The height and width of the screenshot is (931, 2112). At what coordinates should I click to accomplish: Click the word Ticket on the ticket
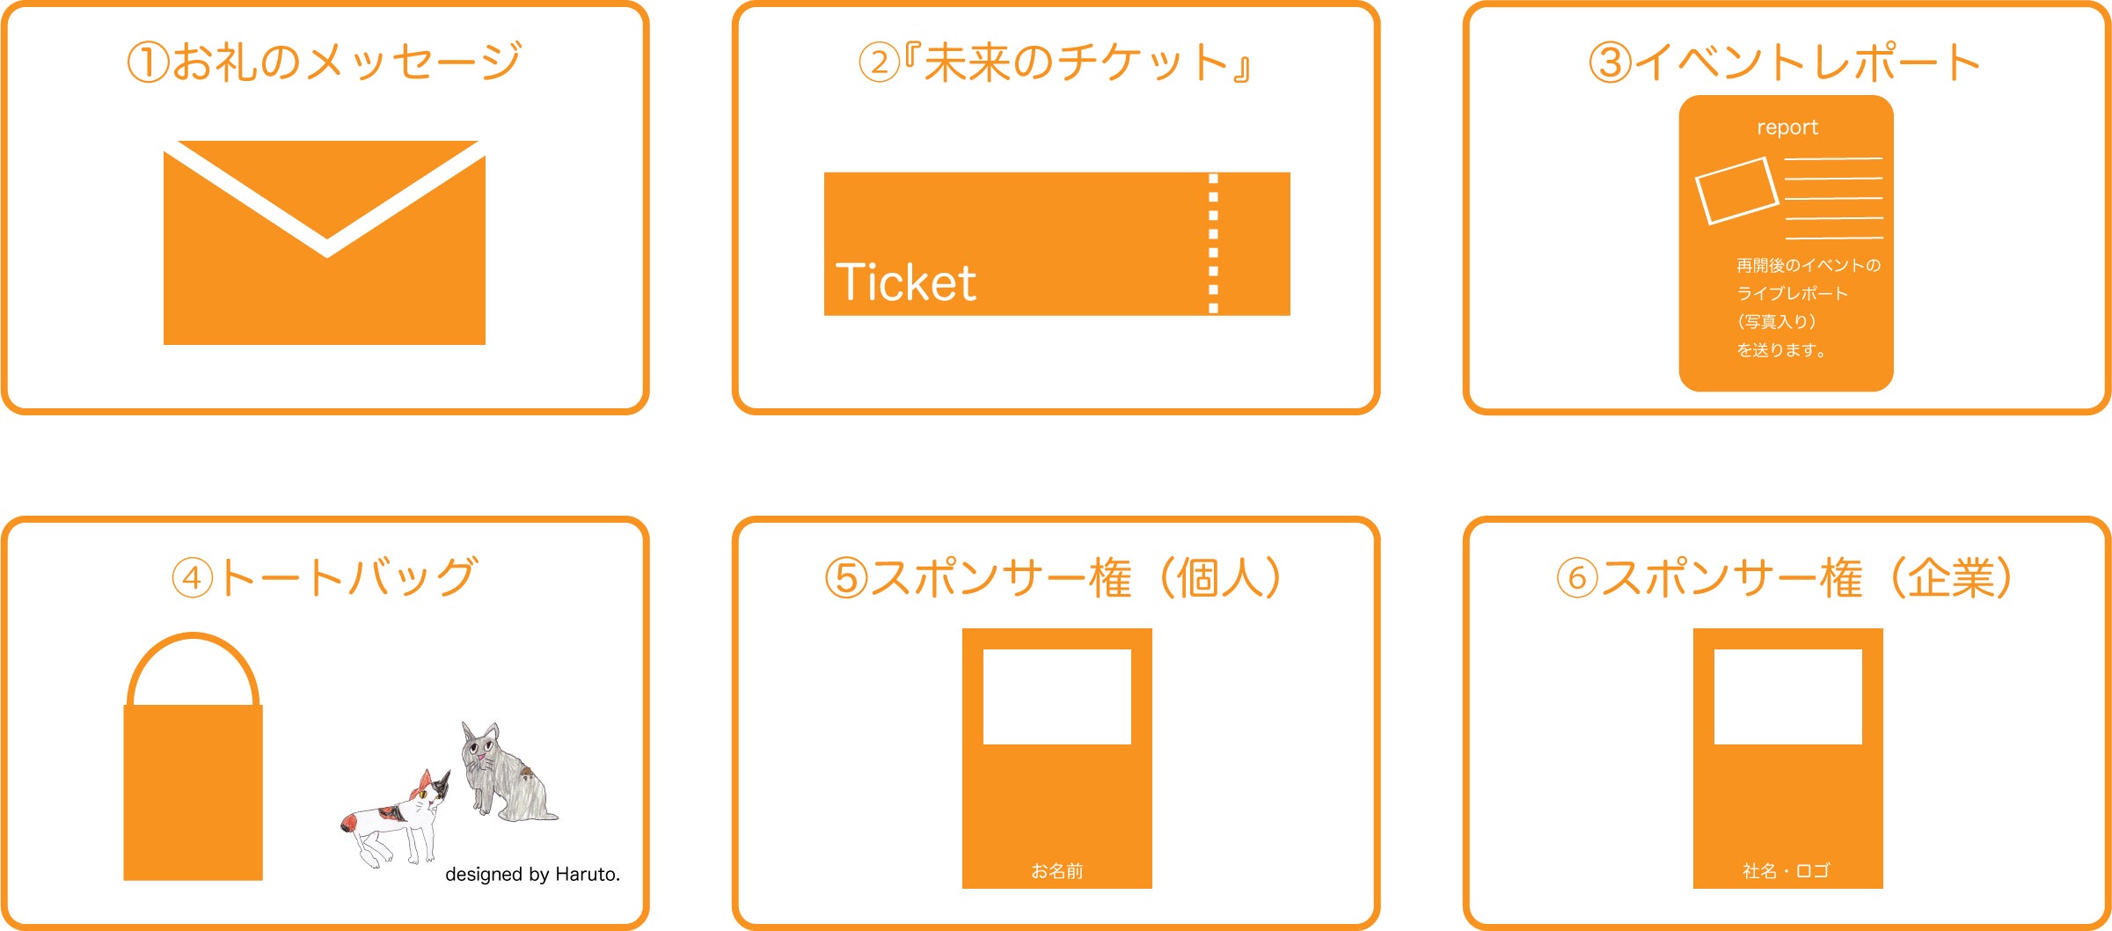pyautogui.click(x=905, y=282)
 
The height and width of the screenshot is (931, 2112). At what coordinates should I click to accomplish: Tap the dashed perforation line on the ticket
pyautogui.click(x=1214, y=244)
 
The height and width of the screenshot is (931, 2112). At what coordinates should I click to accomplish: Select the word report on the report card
pyautogui.click(x=1787, y=128)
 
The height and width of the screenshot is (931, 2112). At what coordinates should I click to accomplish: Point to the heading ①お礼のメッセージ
pyautogui.click(x=324, y=62)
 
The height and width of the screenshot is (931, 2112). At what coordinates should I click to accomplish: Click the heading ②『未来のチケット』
pyautogui.click(x=1055, y=62)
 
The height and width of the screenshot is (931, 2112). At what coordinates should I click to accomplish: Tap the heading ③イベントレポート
pyautogui.click(x=1785, y=62)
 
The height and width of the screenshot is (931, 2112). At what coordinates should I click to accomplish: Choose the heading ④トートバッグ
pyautogui.click(x=325, y=577)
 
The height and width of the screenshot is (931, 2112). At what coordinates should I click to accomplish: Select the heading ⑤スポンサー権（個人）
pyautogui.click(x=1055, y=577)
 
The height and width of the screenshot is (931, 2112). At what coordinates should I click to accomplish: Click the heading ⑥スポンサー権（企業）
pyautogui.click(x=1786, y=577)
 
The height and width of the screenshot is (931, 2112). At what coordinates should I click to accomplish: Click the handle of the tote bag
pyautogui.click(x=193, y=636)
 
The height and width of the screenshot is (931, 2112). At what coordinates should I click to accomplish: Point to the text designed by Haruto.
pyautogui.click(x=532, y=874)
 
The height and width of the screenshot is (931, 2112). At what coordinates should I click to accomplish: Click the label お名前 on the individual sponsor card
pyautogui.click(x=1056, y=871)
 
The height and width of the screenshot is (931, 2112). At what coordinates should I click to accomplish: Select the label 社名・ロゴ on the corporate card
pyautogui.click(x=1787, y=871)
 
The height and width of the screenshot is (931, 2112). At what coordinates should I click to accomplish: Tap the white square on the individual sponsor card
pyautogui.click(x=1056, y=697)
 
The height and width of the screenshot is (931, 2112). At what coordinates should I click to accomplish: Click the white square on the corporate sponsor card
pyautogui.click(x=1788, y=697)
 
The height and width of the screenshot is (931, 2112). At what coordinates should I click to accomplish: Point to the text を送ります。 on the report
pyautogui.click(x=1781, y=350)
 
